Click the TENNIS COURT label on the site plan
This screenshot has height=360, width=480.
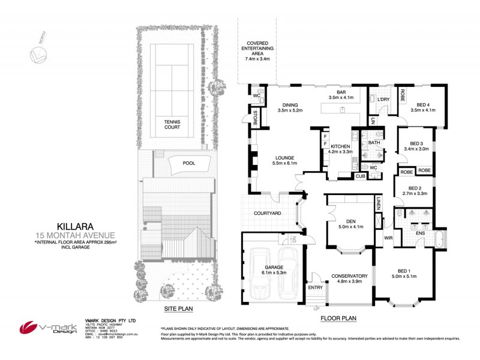pos(172,124)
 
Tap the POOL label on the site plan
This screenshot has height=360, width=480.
pos(188,163)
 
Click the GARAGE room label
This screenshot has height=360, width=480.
pos(273,269)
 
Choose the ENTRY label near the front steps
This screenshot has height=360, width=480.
pos(315,288)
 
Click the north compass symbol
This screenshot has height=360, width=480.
pos(39,55)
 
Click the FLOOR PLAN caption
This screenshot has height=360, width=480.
pos(338,318)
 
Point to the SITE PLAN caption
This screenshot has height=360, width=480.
pos(179,309)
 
